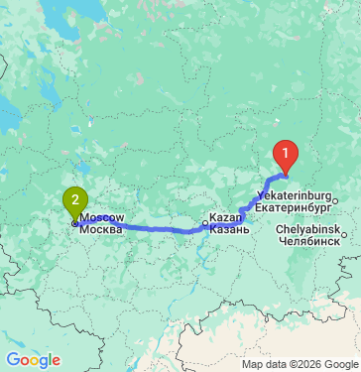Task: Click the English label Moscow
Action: [102, 217]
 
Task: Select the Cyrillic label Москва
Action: [100, 229]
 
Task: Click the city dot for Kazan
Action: [205, 223]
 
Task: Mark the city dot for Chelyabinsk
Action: [345, 235]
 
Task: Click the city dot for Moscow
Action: [74, 223]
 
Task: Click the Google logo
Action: [33, 359]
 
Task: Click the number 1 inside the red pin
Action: [286, 154]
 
